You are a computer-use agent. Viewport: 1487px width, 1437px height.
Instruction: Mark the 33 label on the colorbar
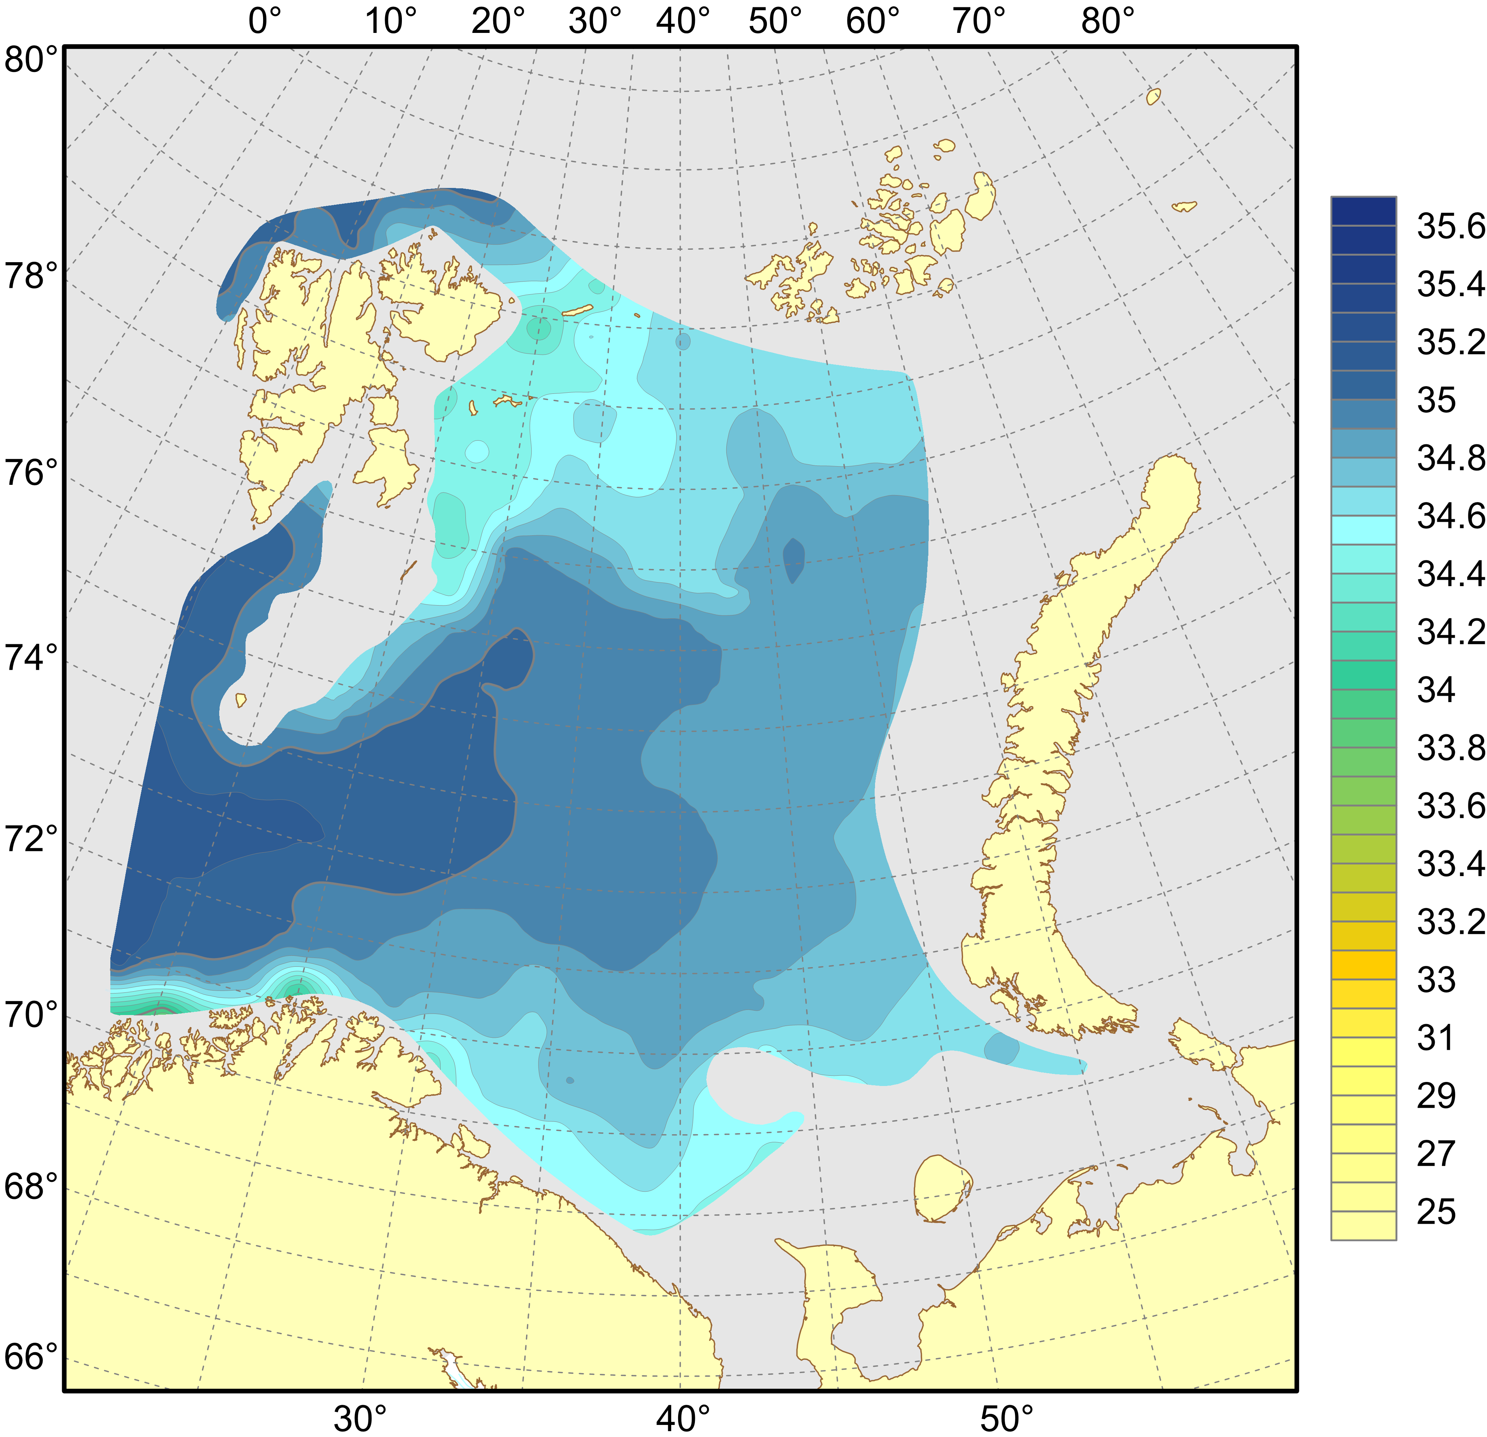pyautogui.click(x=1436, y=979)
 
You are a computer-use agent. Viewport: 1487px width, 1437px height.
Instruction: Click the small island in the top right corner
pyautogui.click(x=1153, y=97)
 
